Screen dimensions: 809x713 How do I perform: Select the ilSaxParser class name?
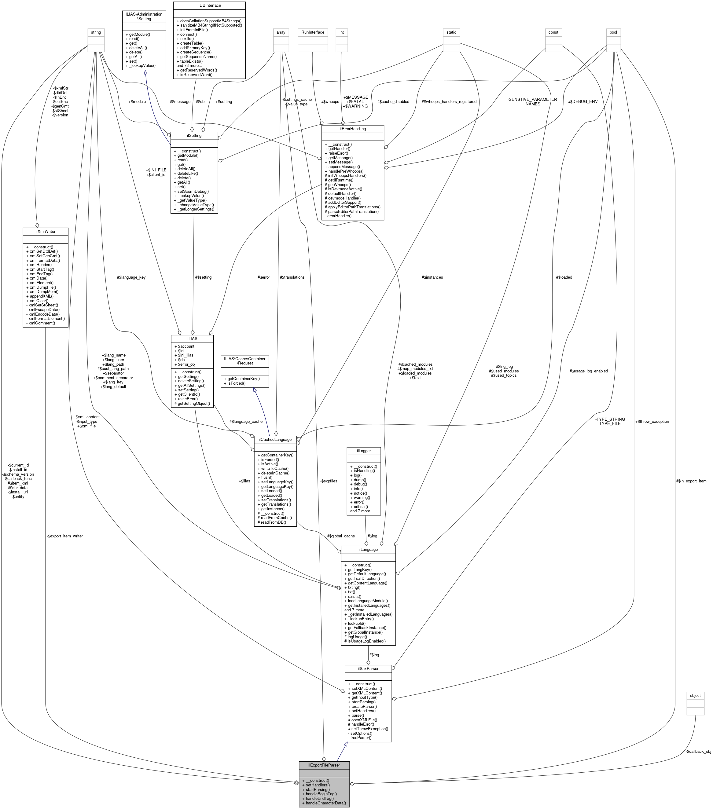coord(368,668)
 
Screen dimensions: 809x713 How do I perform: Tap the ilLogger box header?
coord(363,451)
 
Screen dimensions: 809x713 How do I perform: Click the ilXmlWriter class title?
coord(45,231)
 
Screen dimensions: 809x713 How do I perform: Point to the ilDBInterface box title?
coord(209,5)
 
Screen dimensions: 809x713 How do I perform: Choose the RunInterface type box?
coord(312,32)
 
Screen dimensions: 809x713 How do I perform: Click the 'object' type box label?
coord(695,695)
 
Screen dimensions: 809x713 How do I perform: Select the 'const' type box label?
coord(553,32)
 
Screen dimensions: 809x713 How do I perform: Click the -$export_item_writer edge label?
coord(64,536)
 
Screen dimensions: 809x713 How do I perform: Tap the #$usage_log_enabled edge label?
coord(588,371)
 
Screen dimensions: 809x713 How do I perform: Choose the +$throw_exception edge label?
coord(652,422)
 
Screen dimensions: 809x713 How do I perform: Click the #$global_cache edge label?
coord(341,536)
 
